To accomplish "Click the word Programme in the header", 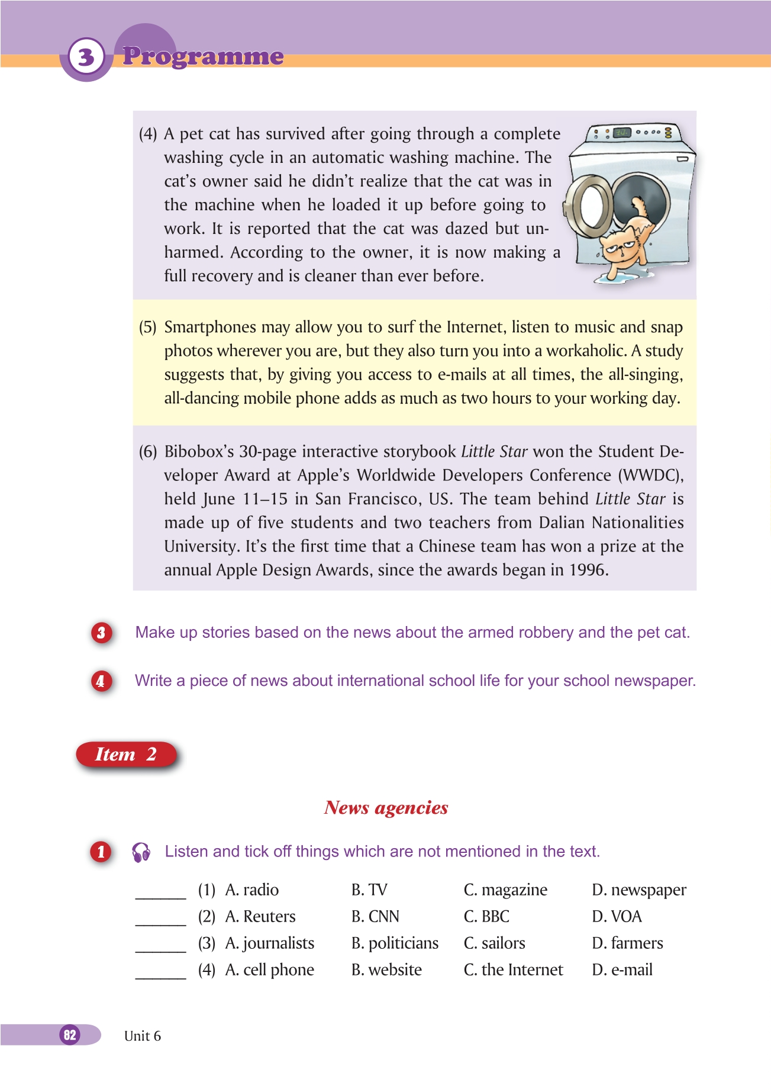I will click(x=203, y=56).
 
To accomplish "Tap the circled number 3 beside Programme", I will click(x=86, y=57).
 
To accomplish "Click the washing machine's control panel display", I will click(x=621, y=133).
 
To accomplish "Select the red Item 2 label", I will click(x=126, y=755).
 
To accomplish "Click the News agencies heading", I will click(x=386, y=808).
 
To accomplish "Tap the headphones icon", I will click(x=141, y=852).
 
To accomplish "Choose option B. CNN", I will click(x=375, y=917).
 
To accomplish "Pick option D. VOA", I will click(x=617, y=917).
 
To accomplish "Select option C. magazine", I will click(x=505, y=890).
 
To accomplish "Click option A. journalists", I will click(x=270, y=944).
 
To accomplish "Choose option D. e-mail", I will click(x=622, y=970).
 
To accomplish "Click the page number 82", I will click(x=70, y=1035).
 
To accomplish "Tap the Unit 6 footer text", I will click(x=143, y=1036).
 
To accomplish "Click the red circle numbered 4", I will click(x=101, y=681).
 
